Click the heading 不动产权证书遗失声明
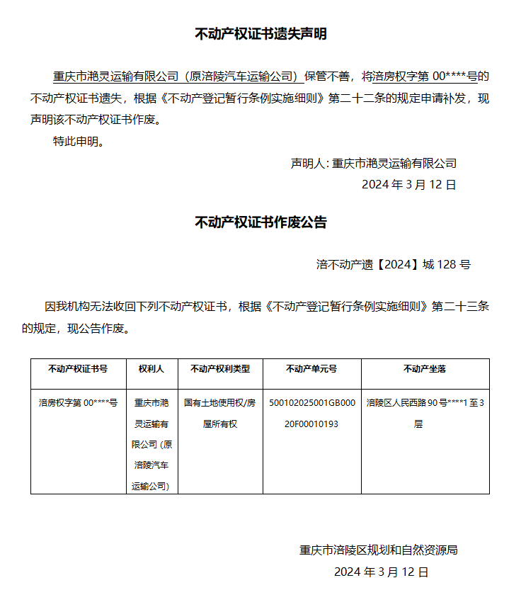coord(260,33)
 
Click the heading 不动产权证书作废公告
coord(260,222)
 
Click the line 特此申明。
coord(79,141)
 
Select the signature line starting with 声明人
coord(373,163)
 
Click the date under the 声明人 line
coord(408,185)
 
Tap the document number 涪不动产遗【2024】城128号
coord(393,265)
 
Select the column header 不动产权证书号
coord(78,369)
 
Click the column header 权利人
coord(151,369)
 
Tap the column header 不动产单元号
coord(311,369)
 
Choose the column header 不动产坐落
coord(425,369)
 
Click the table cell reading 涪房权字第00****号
coord(78,402)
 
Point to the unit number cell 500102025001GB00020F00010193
coord(311,413)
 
